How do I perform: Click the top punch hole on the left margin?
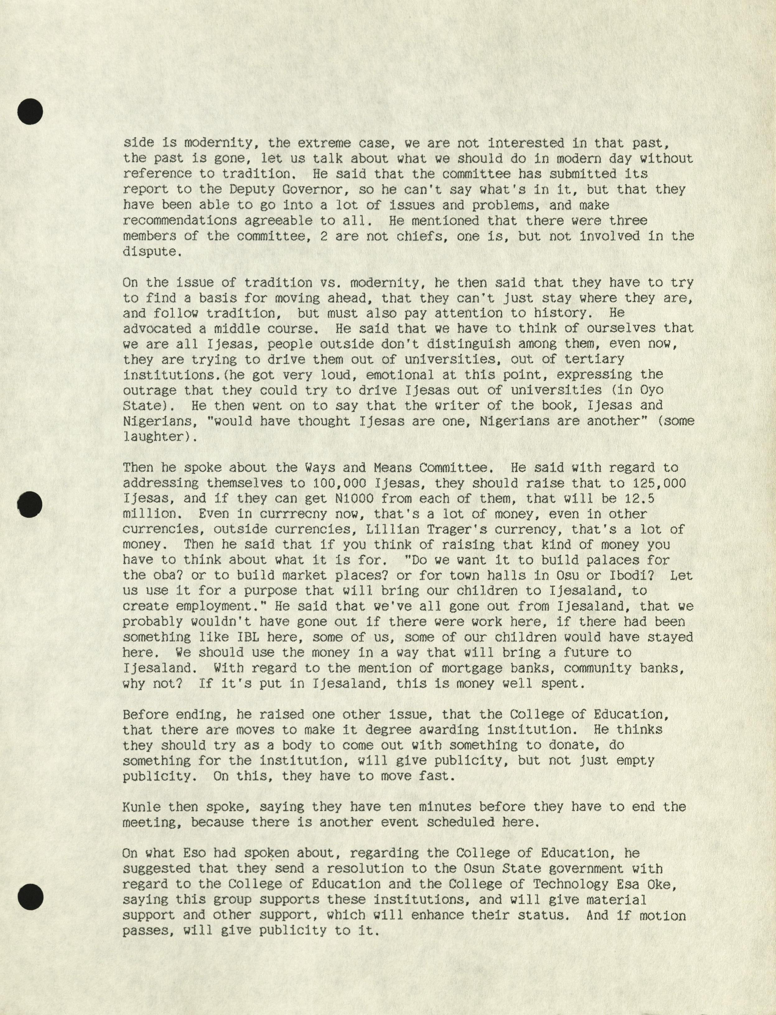(x=30, y=111)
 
